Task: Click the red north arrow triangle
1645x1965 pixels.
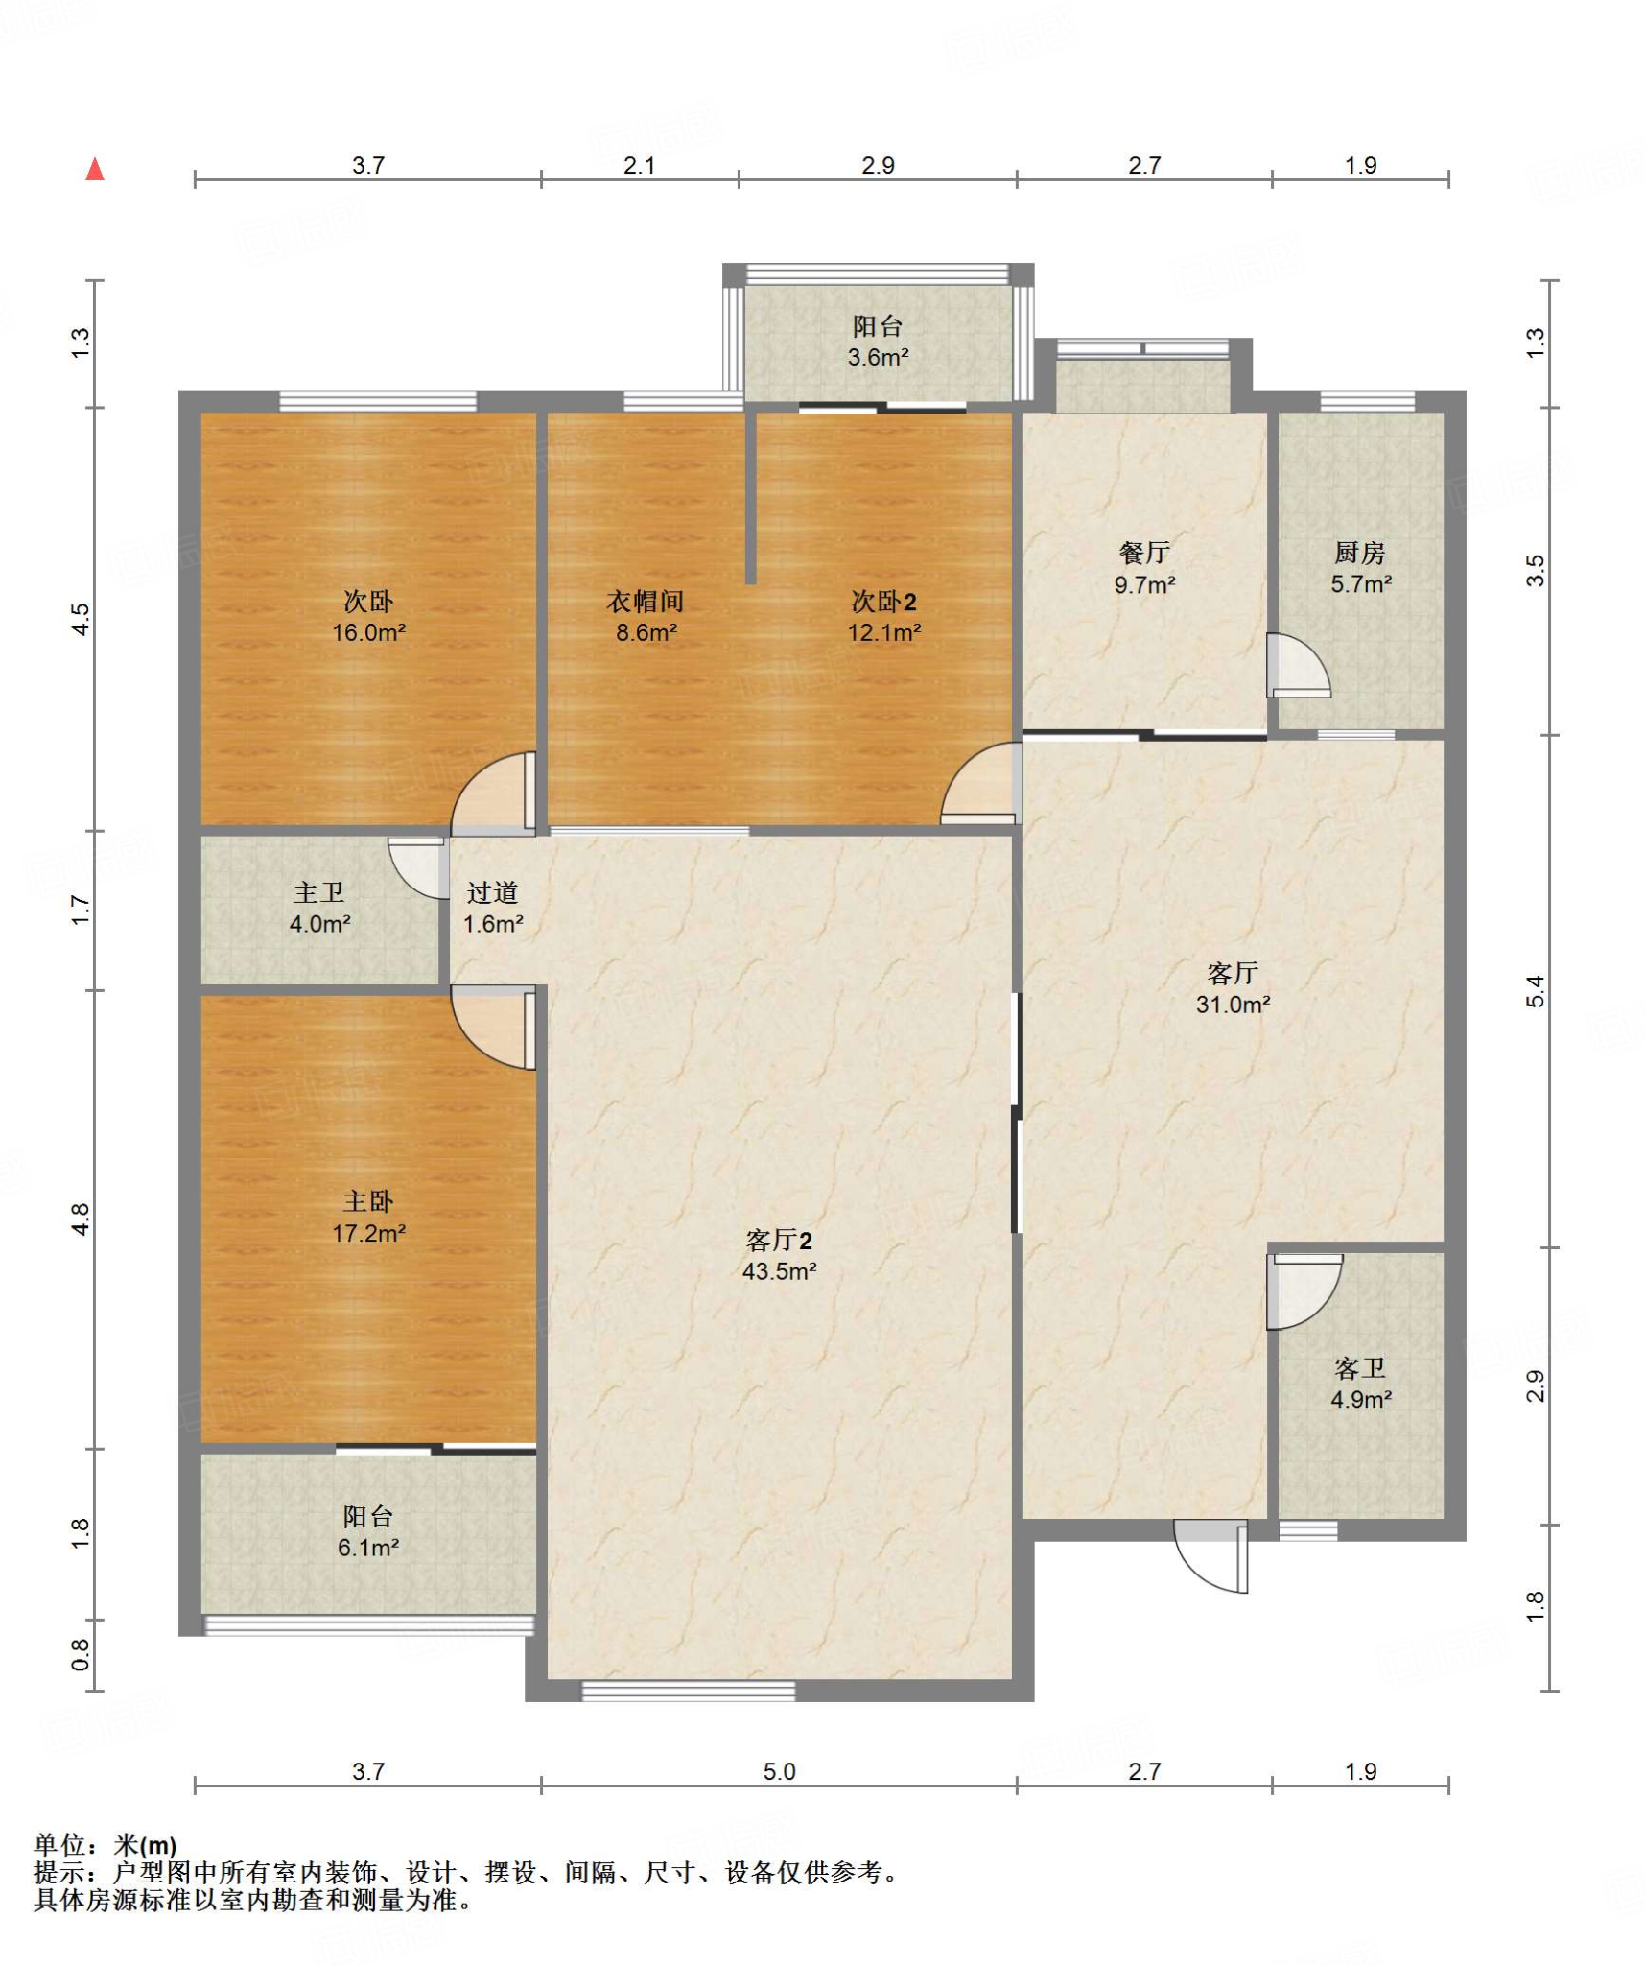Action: click(95, 170)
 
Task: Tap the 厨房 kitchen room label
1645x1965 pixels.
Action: click(1359, 553)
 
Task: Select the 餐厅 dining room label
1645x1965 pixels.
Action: click(1144, 553)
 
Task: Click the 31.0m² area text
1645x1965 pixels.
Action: click(1233, 1005)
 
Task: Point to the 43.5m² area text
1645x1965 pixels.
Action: click(779, 1271)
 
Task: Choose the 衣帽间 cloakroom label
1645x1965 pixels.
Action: click(646, 602)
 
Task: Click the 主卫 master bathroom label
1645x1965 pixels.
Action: click(319, 892)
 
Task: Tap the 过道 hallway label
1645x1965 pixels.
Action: click(493, 892)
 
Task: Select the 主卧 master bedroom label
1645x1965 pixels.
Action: click(368, 1201)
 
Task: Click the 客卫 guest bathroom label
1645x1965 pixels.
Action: click(1360, 1368)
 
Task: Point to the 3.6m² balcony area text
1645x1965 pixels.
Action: click(878, 358)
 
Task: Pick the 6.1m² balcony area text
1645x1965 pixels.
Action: click(368, 1548)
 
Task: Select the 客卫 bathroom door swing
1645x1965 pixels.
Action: click(1304, 1291)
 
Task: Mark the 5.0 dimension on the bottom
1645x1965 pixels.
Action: click(779, 1771)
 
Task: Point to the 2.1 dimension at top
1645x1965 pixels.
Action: click(640, 165)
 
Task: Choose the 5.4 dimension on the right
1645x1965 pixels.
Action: click(1536, 991)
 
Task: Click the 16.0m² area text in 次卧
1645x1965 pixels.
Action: click(368, 632)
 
